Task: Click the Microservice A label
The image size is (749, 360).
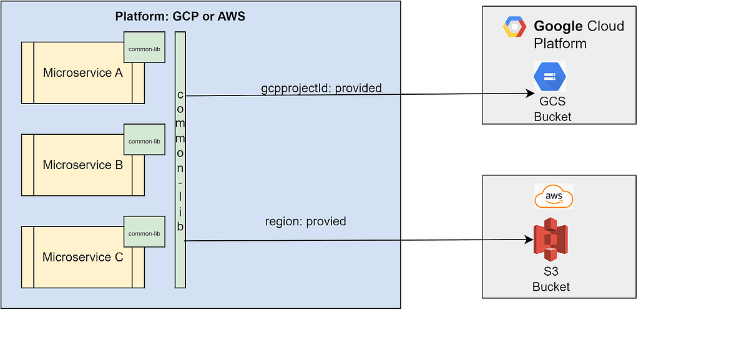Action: pyautogui.click(x=82, y=73)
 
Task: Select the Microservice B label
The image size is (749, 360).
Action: pyautogui.click(x=82, y=165)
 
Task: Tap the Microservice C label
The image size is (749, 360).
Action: pyautogui.click(x=82, y=257)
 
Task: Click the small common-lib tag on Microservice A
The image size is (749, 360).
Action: pyautogui.click(x=144, y=49)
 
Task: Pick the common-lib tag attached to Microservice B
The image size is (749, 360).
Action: pyautogui.click(x=144, y=141)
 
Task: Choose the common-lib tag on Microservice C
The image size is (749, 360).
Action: pyautogui.click(x=144, y=233)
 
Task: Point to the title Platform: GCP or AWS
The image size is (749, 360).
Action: pyautogui.click(x=180, y=17)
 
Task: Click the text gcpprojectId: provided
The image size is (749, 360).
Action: pyautogui.click(x=321, y=88)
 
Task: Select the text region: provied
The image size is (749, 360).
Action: pyautogui.click(x=305, y=221)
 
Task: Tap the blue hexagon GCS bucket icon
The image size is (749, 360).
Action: pyautogui.click(x=550, y=77)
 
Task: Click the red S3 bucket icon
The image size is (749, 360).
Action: pyautogui.click(x=550, y=240)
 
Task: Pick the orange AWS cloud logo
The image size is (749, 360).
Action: pyautogui.click(x=553, y=197)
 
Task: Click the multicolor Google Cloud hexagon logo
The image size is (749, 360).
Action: pyautogui.click(x=515, y=28)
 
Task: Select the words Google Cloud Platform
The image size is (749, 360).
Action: pyautogui.click(x=578, y=34)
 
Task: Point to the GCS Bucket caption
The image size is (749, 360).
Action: pyautogui.click(x=552, y=110)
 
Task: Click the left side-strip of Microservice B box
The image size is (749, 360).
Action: pyautogui.click(x=27, y=165)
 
